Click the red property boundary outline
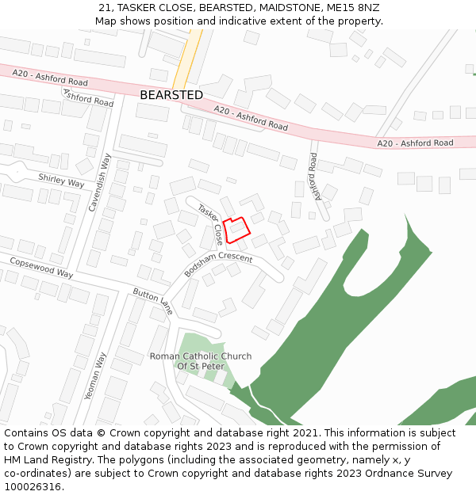236,230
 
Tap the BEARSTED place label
171,95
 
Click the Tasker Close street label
211,223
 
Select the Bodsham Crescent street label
218,265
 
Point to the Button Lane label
153,301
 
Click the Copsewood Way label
41,267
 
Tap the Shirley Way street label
61,181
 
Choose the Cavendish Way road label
96,181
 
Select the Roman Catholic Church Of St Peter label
201,361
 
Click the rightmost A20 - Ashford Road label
415,143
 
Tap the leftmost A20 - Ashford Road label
50,77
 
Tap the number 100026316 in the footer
33,487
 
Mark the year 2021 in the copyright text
304,433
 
